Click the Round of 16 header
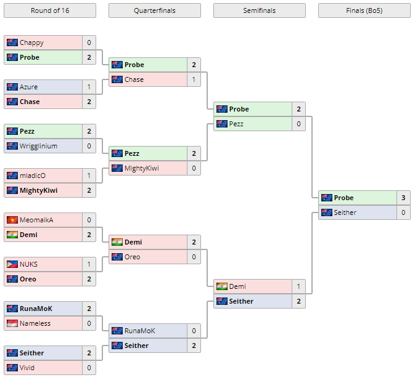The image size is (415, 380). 49,10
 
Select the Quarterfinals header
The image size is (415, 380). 154,10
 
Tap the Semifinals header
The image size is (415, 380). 259,10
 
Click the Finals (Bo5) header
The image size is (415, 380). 364,10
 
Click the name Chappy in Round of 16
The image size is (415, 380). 31,42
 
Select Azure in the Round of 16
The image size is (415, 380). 28,87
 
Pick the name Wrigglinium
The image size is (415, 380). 38,146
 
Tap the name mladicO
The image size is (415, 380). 33,176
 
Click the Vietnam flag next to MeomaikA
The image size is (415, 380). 12,220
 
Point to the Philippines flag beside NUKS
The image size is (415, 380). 12,264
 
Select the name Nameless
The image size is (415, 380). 35,323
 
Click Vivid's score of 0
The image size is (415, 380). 89,368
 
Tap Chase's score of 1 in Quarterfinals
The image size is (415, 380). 194,79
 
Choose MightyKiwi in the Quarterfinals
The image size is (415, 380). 142,168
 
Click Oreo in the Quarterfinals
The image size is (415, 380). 133,257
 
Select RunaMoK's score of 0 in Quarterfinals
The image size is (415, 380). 194,331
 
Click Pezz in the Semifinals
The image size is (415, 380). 236,124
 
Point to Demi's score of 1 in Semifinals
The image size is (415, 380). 298,286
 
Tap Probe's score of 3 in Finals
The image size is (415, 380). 403,198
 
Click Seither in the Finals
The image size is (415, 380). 344,212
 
